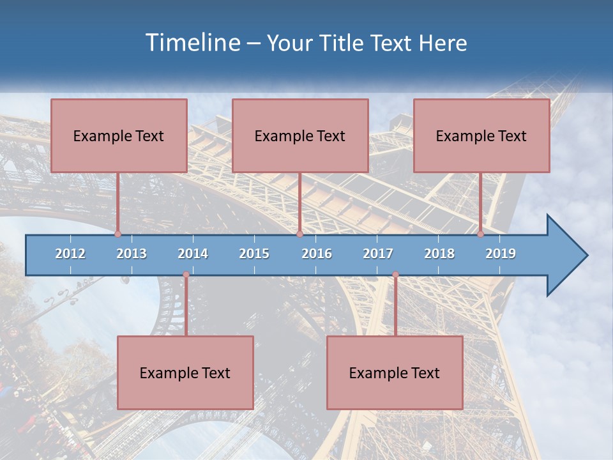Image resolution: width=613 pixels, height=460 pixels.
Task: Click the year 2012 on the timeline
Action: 70,254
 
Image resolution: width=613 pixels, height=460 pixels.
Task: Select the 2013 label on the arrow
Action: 132,254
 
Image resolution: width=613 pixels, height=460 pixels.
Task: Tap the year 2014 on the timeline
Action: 193,254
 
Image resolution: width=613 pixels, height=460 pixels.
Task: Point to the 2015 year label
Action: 254,254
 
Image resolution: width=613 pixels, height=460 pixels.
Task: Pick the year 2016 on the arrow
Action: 317,254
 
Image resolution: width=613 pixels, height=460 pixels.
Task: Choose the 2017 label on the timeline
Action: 378,254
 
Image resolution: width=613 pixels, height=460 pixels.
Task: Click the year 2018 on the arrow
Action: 439,254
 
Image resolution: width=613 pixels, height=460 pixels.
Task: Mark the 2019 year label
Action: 501,254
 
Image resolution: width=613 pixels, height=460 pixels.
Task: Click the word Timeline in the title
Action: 192,43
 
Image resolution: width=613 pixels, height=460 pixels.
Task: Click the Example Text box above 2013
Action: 119,135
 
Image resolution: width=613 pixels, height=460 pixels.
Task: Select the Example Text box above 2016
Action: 300,135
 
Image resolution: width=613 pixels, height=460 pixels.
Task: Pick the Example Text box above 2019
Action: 481,135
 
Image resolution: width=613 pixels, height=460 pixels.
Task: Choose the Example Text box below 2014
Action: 185,372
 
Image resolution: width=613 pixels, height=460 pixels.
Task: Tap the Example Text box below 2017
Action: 395,372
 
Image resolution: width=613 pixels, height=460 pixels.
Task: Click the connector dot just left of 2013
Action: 117,234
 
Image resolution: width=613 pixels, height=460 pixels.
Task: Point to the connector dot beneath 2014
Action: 186,275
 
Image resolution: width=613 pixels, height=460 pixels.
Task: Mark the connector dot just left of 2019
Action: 480,234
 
